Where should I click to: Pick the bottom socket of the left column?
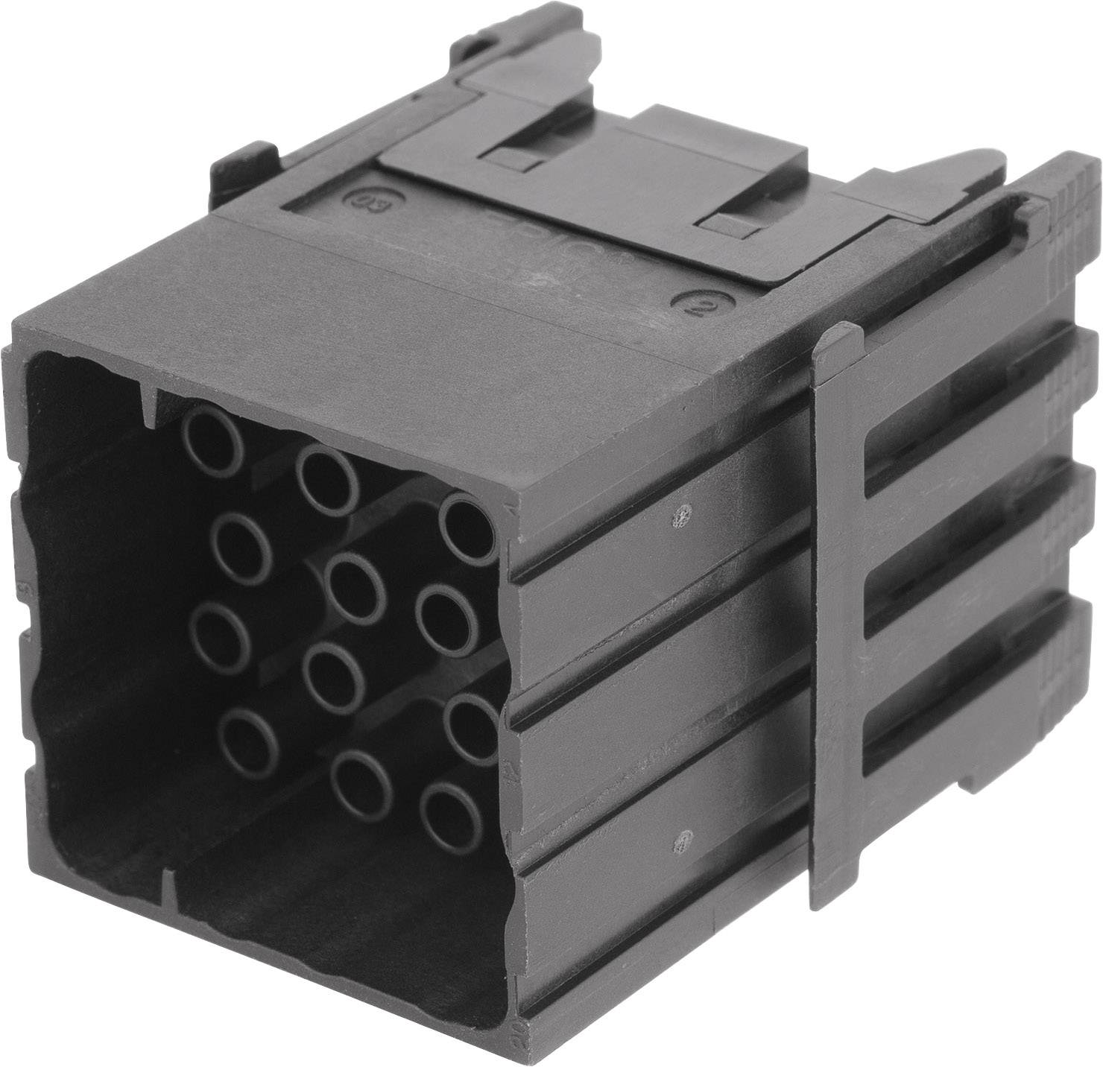(249, 741)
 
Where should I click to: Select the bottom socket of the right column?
(450, 817)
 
